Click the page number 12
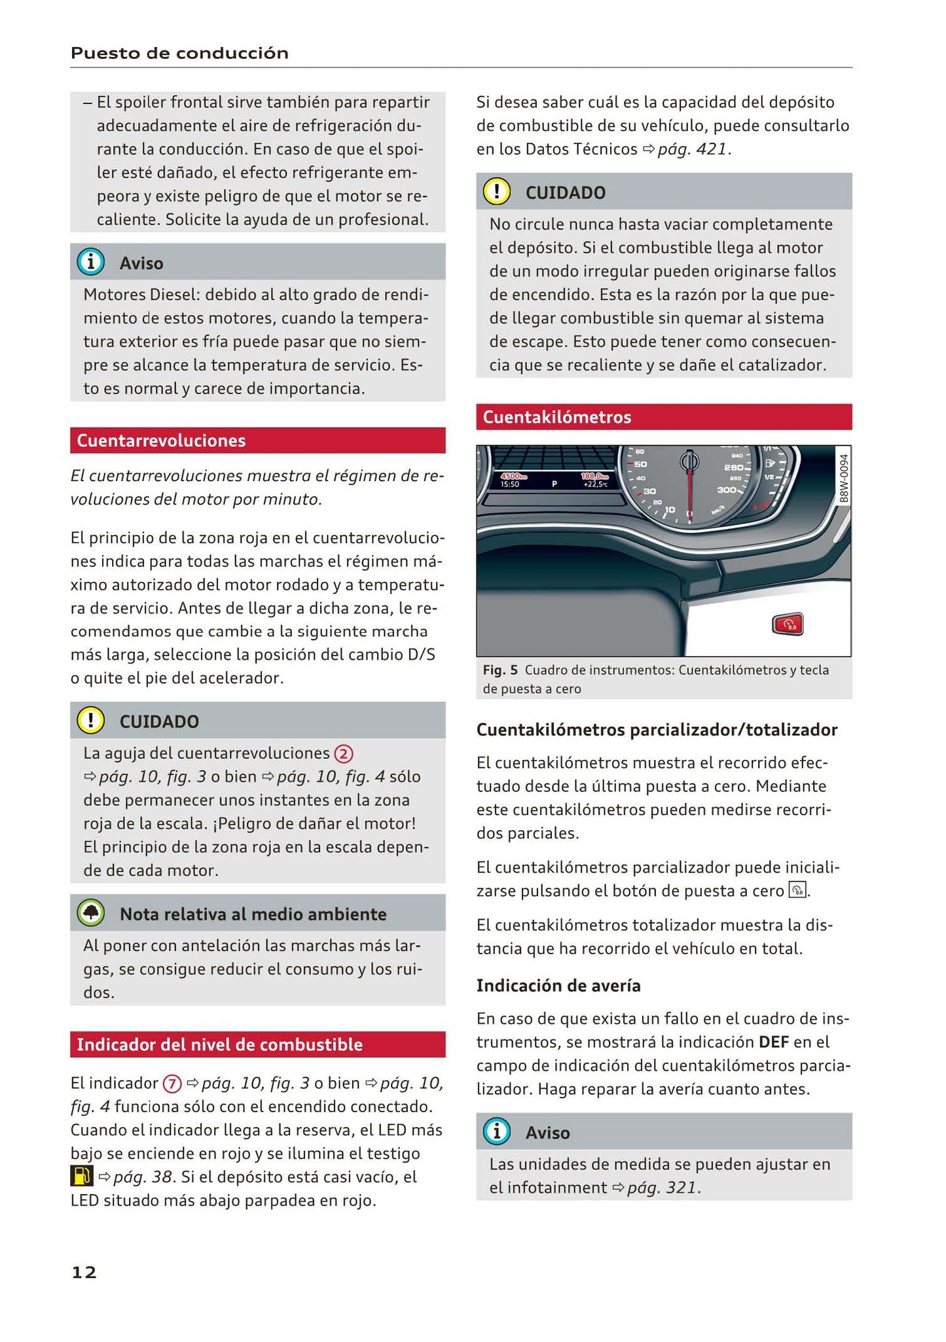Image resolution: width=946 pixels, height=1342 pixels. tap(84, 1272)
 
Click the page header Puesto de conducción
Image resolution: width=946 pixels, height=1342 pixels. tap(179, 53)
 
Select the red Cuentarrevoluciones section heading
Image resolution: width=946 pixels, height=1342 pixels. tap(161, 441)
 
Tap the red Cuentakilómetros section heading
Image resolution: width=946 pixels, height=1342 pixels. tap(557, 417)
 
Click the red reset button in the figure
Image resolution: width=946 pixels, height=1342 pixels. tap(788, 625)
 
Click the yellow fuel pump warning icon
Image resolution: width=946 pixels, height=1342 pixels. tap(82, 1177)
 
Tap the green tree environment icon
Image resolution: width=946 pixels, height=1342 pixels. tap(90, 913)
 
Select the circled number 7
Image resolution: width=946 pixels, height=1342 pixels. tap(172, 1084)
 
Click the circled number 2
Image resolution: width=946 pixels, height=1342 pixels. tap(344, 754)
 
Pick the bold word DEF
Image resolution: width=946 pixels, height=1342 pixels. tap(773, 1042)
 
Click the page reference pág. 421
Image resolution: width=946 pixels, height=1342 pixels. tap(691, 149)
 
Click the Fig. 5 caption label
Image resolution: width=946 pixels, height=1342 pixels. tap(500, 670)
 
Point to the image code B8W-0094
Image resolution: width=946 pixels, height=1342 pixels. tap(843, 478)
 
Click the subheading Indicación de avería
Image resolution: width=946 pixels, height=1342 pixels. tap(558, 985)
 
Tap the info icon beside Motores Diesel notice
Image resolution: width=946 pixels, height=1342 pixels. tap(90, 263)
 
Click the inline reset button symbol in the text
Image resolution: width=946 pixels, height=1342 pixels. tap(798, 890)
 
